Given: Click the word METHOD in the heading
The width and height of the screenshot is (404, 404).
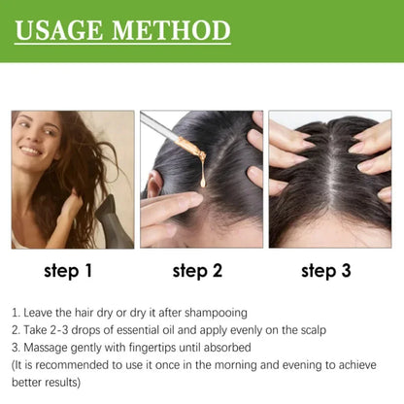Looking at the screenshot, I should pyautogui.click(x=171, y=30).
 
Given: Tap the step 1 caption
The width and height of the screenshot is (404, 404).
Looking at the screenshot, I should pyautogui.click(x=69, y=272).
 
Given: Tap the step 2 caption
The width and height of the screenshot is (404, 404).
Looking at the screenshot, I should pyautogui.click(x=198, y=272).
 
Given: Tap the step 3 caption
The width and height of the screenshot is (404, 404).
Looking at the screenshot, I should pyautogui.click(x=326, y=272).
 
